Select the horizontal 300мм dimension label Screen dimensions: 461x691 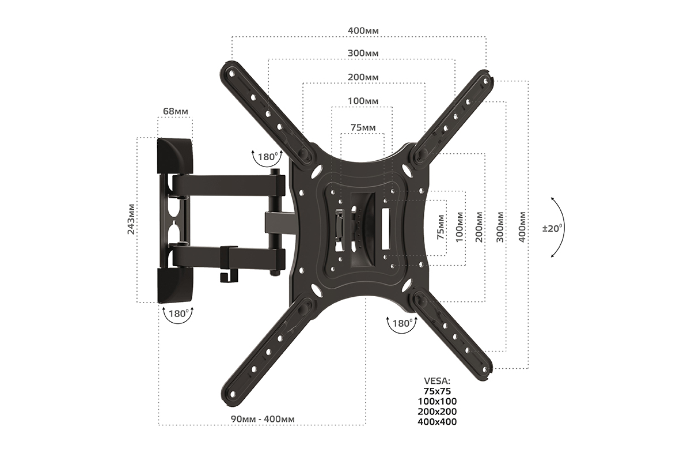(363, 53)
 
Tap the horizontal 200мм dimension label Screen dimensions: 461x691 (363, 77)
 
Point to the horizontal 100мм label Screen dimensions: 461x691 (363, 101)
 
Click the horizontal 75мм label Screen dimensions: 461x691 (363, 127)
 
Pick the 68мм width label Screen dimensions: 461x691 (176, 111)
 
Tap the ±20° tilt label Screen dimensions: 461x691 (552, 228)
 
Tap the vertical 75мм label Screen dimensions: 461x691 (441, 228)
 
